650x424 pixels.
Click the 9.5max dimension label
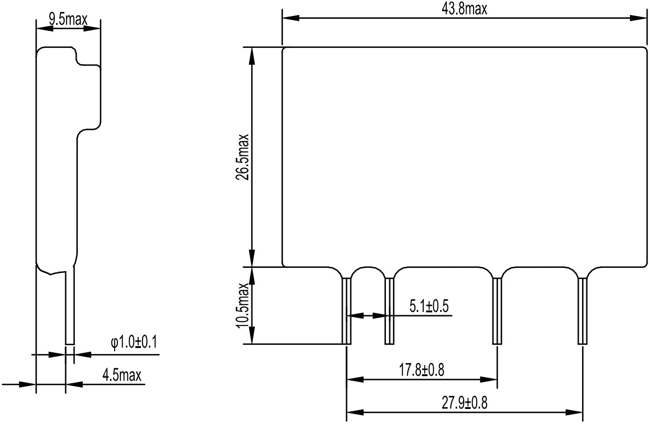point(68,19)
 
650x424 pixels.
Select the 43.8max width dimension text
point(464,9)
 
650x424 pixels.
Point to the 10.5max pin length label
point(243,306)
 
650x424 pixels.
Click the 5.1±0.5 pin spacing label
point(428,306)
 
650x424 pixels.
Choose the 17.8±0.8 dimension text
point(421,370)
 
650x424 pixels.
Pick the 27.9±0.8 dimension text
point(464,403)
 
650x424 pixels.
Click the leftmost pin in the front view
point(346,311)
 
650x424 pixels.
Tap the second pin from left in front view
point(389,311)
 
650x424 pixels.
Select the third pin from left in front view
point(496,311)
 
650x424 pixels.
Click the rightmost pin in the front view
point(582,311)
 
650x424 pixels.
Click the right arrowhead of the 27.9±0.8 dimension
point(575,413)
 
